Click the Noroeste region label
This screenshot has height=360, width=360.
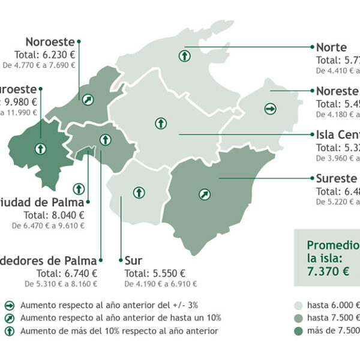(x=50, y=42)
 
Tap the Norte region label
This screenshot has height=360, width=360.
(x=331, y=47)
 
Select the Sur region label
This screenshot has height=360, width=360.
(x=133, y=261)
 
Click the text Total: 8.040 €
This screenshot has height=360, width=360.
(x=53, y=214)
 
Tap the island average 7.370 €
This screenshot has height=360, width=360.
(x=328, y=271)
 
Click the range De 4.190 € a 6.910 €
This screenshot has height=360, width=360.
(x=161, y=283)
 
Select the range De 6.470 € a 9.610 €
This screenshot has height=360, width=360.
(x=48, y=226)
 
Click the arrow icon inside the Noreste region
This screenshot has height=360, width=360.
(x=270, y=109)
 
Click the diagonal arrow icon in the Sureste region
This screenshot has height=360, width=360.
(x=205, y=194)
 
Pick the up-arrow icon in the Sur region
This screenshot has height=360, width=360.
(x=139, y=193)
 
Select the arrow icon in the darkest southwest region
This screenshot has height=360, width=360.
(x=40, y=148)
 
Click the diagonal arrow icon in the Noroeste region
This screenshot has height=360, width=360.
(x=89, y=100)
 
